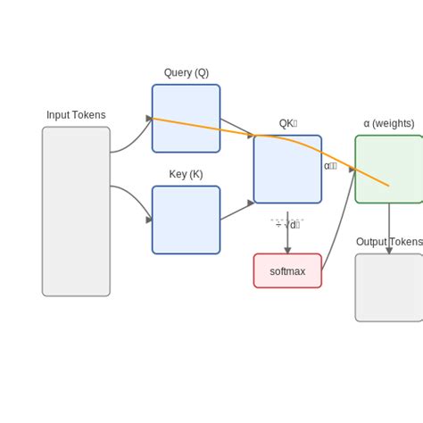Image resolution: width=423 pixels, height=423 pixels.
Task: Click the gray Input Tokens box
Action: coord(76,211)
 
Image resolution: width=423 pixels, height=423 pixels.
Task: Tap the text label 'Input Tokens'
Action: coord(76,115)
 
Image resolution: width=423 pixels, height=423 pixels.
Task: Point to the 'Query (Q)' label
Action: coord(186,72)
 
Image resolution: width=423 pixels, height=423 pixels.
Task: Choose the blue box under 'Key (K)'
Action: coord(186,220)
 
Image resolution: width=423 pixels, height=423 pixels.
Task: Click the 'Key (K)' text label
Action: coord(186,174)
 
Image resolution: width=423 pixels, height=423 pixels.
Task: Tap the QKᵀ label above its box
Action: coord(287,124)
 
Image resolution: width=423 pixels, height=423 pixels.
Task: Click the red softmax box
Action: coord(287,270)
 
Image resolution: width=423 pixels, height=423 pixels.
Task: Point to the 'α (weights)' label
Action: coord(389,123)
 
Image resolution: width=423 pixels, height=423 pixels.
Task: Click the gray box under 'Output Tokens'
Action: coord(389,287)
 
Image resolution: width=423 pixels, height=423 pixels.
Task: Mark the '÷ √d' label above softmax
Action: coord(287,224)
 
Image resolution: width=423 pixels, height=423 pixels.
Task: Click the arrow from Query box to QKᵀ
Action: coord(236,127)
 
